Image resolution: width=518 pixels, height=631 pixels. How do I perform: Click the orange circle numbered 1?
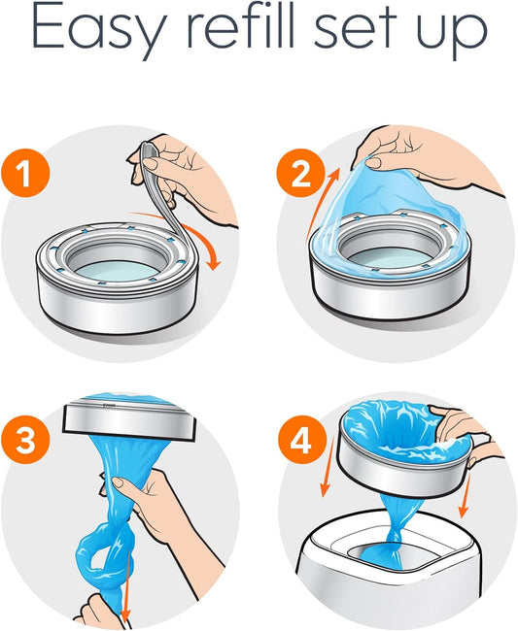pos(25,174)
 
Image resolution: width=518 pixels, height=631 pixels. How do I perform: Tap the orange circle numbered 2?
pos(301,174)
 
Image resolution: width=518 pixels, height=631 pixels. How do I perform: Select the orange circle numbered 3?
pos(25,441)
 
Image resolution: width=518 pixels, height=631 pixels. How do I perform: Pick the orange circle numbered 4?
pos(301,441)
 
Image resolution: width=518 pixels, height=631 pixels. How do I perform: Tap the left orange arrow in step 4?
pos(328,467)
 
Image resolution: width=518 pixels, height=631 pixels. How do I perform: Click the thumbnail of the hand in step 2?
pos(371,163)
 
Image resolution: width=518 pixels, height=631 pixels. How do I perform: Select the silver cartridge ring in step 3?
pos(129,419)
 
